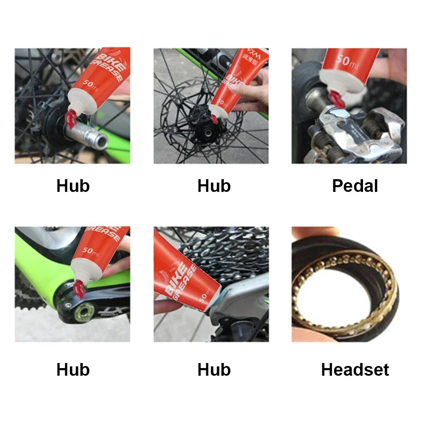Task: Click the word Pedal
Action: tap(355, 186)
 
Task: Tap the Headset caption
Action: tap(355, 370)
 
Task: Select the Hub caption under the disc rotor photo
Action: tap(214, 186)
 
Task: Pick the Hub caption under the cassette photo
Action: tap(214, 370)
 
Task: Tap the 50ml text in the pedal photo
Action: tap(348, 61)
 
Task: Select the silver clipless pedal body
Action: tap(360, 136)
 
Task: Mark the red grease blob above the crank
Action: tap(79, 289)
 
